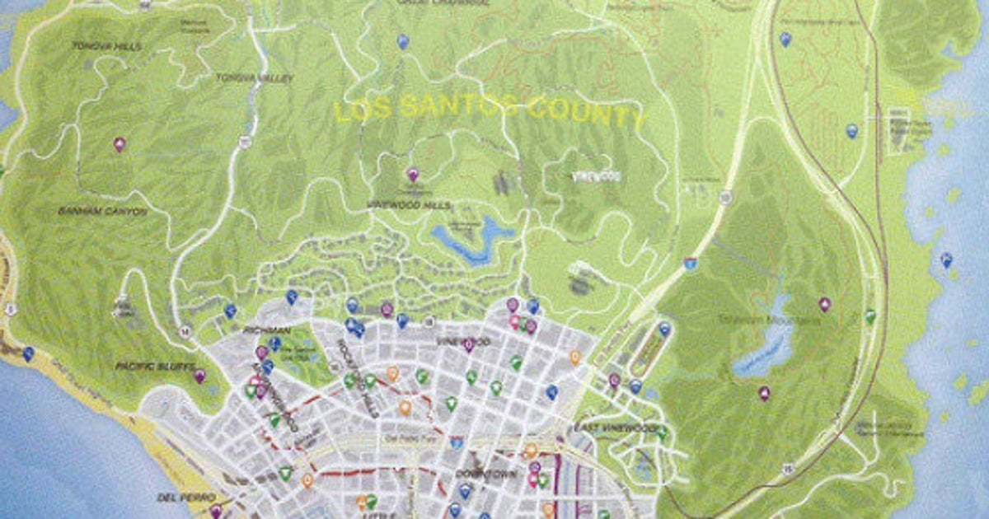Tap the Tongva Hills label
pyautogui.click(x=106, y=46)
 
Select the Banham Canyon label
pyautogui.click(x=102, y=212)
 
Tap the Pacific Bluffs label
pyautogui.click(x=155, y=366)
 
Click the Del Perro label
pyautogui.click(x=175, y=498)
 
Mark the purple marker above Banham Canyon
pyautogui.click(x=120, y=143)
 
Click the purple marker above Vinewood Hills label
pyautogui.click(x=413, y=174)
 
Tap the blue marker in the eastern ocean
pyautogui.click(x=946, y=259)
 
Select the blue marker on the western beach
pyautogui.click(x=29, y=353)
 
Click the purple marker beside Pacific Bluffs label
pyautogui.click(x=199, y=376)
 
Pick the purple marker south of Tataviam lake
pyautogui.click(x=764, y=393)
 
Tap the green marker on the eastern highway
pyautogui.click(x=869, y=316)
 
